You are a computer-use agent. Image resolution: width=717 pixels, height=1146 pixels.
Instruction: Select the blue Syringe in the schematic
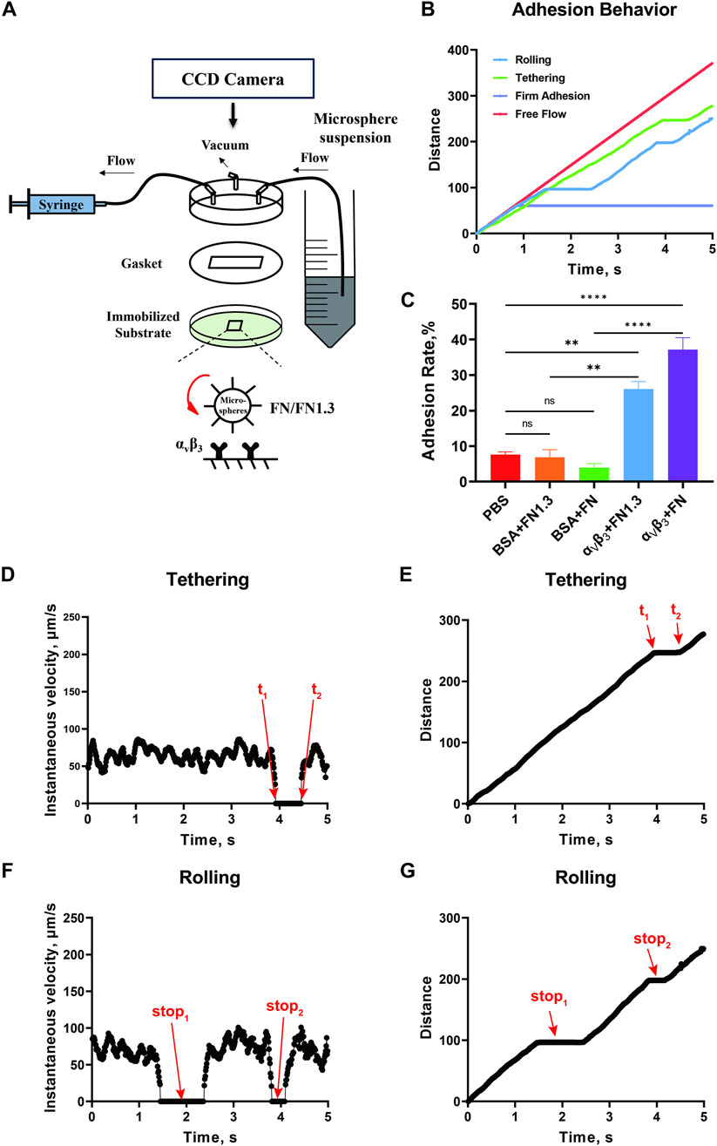pyautogui.click(x=60, y=204)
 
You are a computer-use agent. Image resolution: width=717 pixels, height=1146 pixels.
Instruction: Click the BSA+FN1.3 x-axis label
pyautogui.click(x=543, y=519)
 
